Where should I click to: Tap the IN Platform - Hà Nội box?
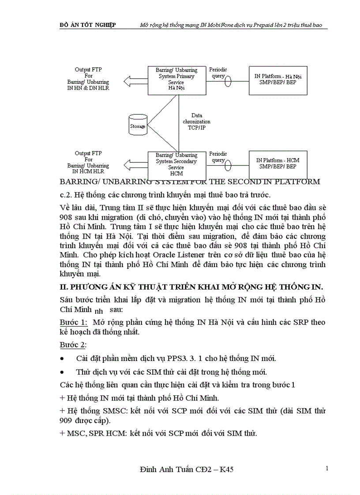click(278, 80)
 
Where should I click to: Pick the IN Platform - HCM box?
click(278, 164)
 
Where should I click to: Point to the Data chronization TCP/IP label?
click(196, 122)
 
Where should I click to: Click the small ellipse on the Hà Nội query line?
click(229, 81)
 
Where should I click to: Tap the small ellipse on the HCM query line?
click(229, 165)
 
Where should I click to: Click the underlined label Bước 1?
click(73, 322)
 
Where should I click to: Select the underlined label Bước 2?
click(73, 344)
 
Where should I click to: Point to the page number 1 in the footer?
click(327, 468)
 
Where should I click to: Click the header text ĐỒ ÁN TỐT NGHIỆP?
click(88, 25)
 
